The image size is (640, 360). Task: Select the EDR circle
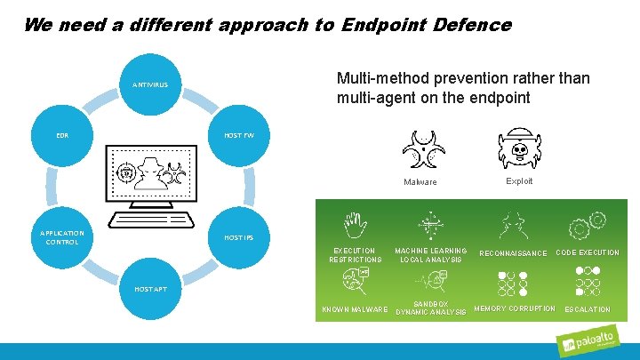coord(62,135)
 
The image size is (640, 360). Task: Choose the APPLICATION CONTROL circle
coord(62,237)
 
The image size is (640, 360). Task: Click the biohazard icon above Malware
coord(420,148)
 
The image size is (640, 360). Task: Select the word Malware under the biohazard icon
coord(420,182)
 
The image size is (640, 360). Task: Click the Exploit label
coord(519,181)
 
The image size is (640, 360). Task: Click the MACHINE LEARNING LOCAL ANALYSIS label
coord(431,255)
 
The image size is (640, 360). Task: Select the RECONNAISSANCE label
coord(513,253)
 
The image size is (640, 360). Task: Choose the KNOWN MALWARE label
coord(354,309)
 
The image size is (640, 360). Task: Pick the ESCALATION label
coord(588,309)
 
